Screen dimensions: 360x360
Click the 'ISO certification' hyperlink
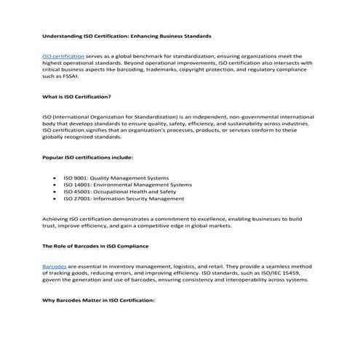(64, 55)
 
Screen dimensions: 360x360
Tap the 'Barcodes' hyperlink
(55, 267)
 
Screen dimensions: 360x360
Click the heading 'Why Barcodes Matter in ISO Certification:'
(99, 300)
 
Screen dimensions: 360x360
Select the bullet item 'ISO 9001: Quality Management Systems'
(116, 178)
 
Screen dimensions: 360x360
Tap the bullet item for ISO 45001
(120, 191)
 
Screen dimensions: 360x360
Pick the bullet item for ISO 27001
(124, 199)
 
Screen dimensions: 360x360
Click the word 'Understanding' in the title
(63, 35)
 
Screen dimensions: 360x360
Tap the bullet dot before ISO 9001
(56, 178)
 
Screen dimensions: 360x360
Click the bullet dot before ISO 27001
(56, 199)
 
